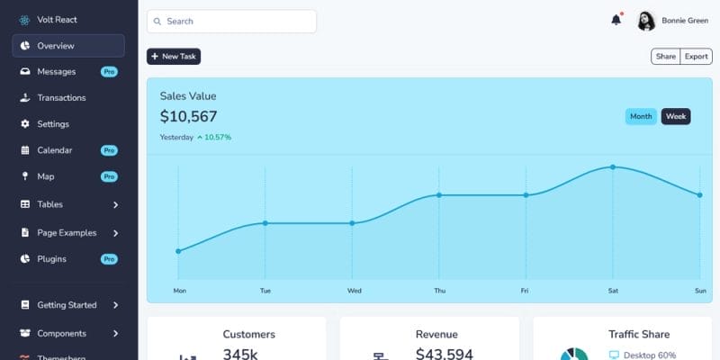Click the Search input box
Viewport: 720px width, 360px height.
(x=232, y=21)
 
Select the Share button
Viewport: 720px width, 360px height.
(x=665, y=57)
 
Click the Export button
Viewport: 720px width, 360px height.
(x=696, y=57)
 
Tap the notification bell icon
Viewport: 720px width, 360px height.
(x=616, y=20)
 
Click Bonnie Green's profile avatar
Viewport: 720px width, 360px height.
(x=646, y=21)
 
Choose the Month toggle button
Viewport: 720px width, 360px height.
(x=641, y=116)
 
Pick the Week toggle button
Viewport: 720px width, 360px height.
(x=676, y=116)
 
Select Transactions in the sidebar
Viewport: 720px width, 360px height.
(x=61, y=97)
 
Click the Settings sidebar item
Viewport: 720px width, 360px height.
(x=53, y=123)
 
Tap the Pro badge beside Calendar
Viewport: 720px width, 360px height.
(x=109, y=150)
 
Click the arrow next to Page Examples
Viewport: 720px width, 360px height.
(x=116, y=232)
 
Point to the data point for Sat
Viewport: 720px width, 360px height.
(x=613, y=167)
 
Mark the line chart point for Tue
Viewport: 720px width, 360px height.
(x=265, y=223)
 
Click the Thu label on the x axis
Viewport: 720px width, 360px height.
(x=439, y=291)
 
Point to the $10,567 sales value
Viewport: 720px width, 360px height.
(x=189, y=116)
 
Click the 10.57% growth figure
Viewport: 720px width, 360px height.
(x=218, y=138)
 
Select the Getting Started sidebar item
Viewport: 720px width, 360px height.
(x=67, y=305)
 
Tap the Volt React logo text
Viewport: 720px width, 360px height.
(x=57, y=19)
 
